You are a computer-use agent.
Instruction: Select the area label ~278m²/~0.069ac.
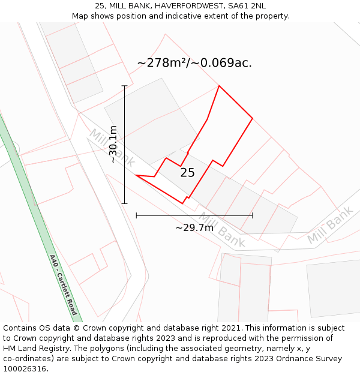point(194,62)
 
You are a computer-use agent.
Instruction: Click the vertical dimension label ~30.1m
point(113,145)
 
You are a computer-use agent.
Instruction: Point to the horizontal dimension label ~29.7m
point(194,227)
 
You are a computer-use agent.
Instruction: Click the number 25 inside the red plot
point(187,173)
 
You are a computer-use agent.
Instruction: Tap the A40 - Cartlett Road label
point(63,286)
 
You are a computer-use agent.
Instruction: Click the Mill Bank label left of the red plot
point(112,148)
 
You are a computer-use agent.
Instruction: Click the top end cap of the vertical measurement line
point(125,86)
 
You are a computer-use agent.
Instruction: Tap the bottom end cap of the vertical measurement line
point(125,203)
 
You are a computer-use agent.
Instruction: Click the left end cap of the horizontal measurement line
point(137,215)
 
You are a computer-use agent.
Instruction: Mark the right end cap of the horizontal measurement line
point(253,215)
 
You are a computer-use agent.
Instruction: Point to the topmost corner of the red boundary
point(219,86)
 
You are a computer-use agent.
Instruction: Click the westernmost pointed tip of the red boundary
point(137,175)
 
